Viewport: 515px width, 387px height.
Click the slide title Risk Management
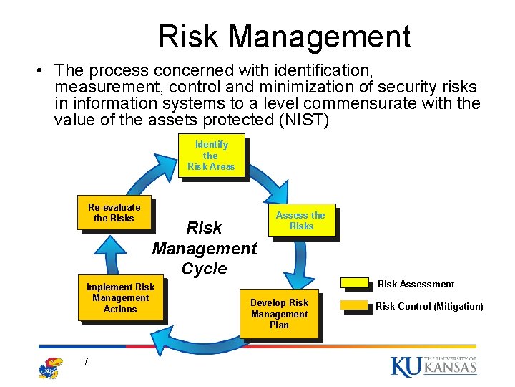point(284,37)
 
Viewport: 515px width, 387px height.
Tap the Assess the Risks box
point(300,221)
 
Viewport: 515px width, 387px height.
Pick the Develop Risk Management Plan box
point(279,314)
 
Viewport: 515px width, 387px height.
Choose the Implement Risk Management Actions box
point(120,298)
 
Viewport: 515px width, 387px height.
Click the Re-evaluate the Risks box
point(114,213)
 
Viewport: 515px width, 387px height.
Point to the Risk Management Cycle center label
point(204,248)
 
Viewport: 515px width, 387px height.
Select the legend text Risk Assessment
point(416,284)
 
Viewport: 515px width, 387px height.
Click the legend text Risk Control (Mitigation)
point(429,306)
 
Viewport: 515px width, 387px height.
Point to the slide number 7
point(85,361)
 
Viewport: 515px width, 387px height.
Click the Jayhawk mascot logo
point(50,366)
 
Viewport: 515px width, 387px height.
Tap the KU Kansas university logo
point(433,365)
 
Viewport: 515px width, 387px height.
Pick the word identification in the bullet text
point(315,70)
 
